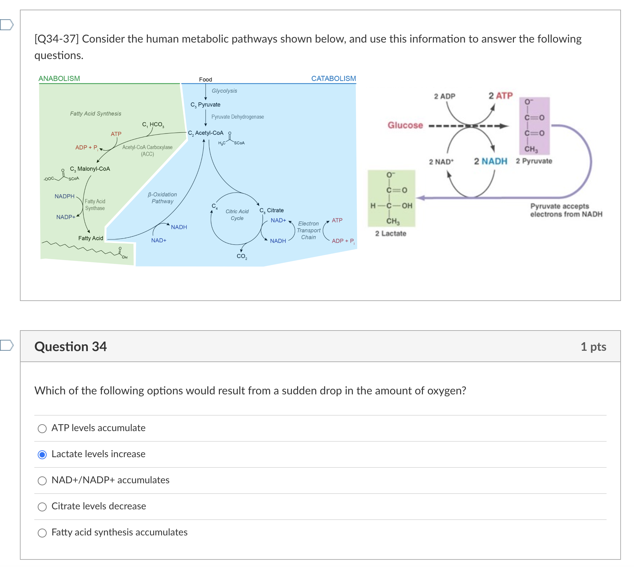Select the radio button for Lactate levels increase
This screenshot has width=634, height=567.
click(42, 455)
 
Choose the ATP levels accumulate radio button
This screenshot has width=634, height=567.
click(42, 429)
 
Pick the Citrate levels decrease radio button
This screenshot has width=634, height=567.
click(42, 507)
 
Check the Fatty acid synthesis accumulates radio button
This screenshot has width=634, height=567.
click(42, 533)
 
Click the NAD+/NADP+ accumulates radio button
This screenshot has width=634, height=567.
click(42, 481)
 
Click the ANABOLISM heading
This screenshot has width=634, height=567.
click(59, 79)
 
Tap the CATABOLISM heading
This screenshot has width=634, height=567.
click(333, 79)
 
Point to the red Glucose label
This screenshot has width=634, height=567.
click(405, 125)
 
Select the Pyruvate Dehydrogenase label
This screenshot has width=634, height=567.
click(237, 117)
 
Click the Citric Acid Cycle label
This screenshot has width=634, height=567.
click(237, 215)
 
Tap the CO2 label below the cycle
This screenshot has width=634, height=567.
click(242, 256)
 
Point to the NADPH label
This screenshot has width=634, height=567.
click(64, 196)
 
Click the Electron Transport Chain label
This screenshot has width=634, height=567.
click(308, 230)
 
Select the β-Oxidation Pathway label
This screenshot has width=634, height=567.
click(162, 198)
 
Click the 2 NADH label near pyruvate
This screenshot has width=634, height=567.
click(490, 161)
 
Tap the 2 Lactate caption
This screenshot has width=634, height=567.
click(390, 234)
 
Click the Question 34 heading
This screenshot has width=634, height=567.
click(71, 347)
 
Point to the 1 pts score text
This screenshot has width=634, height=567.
click(593, 347)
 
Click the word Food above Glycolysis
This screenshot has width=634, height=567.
click(206, 80)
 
